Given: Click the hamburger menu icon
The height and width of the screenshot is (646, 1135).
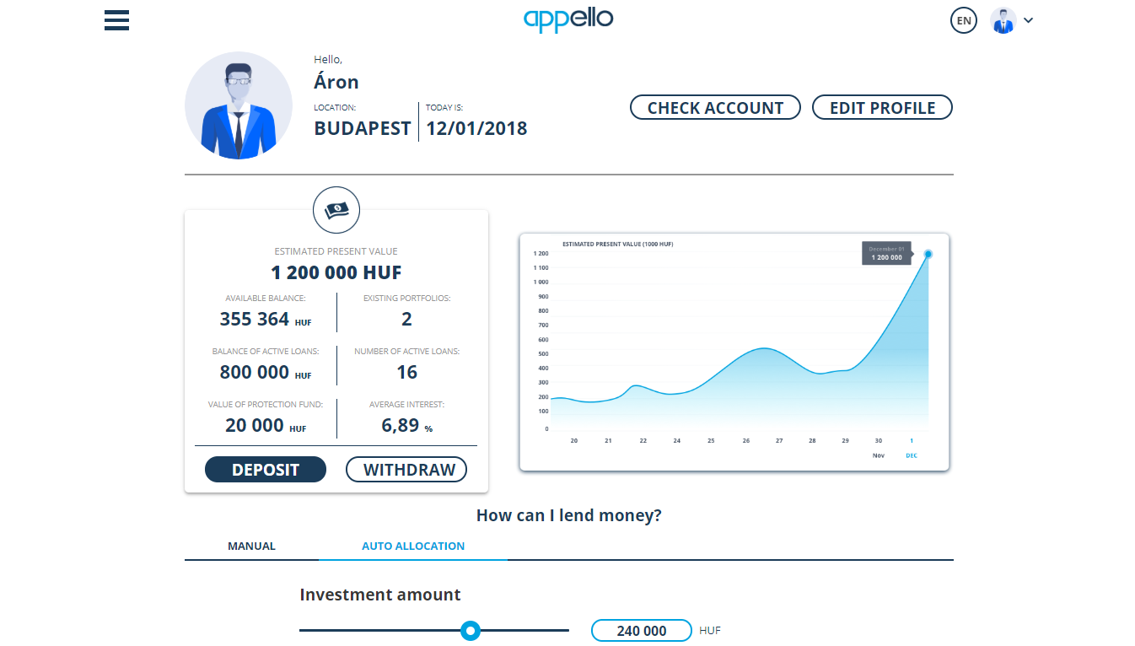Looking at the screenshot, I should (116, 19).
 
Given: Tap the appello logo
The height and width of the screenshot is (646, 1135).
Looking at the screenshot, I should (567, 19).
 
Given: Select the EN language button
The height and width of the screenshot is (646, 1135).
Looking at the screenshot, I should (963, 20).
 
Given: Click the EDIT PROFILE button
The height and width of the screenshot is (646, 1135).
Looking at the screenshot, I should (882, 108).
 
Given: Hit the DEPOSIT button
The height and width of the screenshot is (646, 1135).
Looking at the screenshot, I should (266, 470).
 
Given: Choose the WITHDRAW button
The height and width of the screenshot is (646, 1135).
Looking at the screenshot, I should (406, 470).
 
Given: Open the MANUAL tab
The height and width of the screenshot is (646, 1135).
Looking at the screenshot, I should (251, 546).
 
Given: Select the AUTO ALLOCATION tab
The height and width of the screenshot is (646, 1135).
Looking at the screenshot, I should (413, 546).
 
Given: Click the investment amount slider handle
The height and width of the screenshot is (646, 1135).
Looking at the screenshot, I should (471, 630).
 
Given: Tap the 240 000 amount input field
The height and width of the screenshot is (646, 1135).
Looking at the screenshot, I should (642, 631).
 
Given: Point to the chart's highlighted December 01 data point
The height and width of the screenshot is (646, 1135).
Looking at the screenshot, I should (928, 254).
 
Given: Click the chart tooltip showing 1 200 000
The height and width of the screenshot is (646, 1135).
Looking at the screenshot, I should (886, 253).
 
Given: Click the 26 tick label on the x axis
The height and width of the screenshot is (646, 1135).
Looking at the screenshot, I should (745, 441).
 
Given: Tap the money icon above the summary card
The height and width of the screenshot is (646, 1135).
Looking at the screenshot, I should (336, 209).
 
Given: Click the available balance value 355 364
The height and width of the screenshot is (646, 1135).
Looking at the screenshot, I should (255, 320).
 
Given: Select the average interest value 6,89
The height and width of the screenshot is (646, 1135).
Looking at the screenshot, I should (401, 425).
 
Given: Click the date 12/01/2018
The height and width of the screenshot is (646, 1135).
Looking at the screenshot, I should (476, 129).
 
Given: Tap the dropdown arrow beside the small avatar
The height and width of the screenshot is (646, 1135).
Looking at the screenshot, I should (1028, 20).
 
